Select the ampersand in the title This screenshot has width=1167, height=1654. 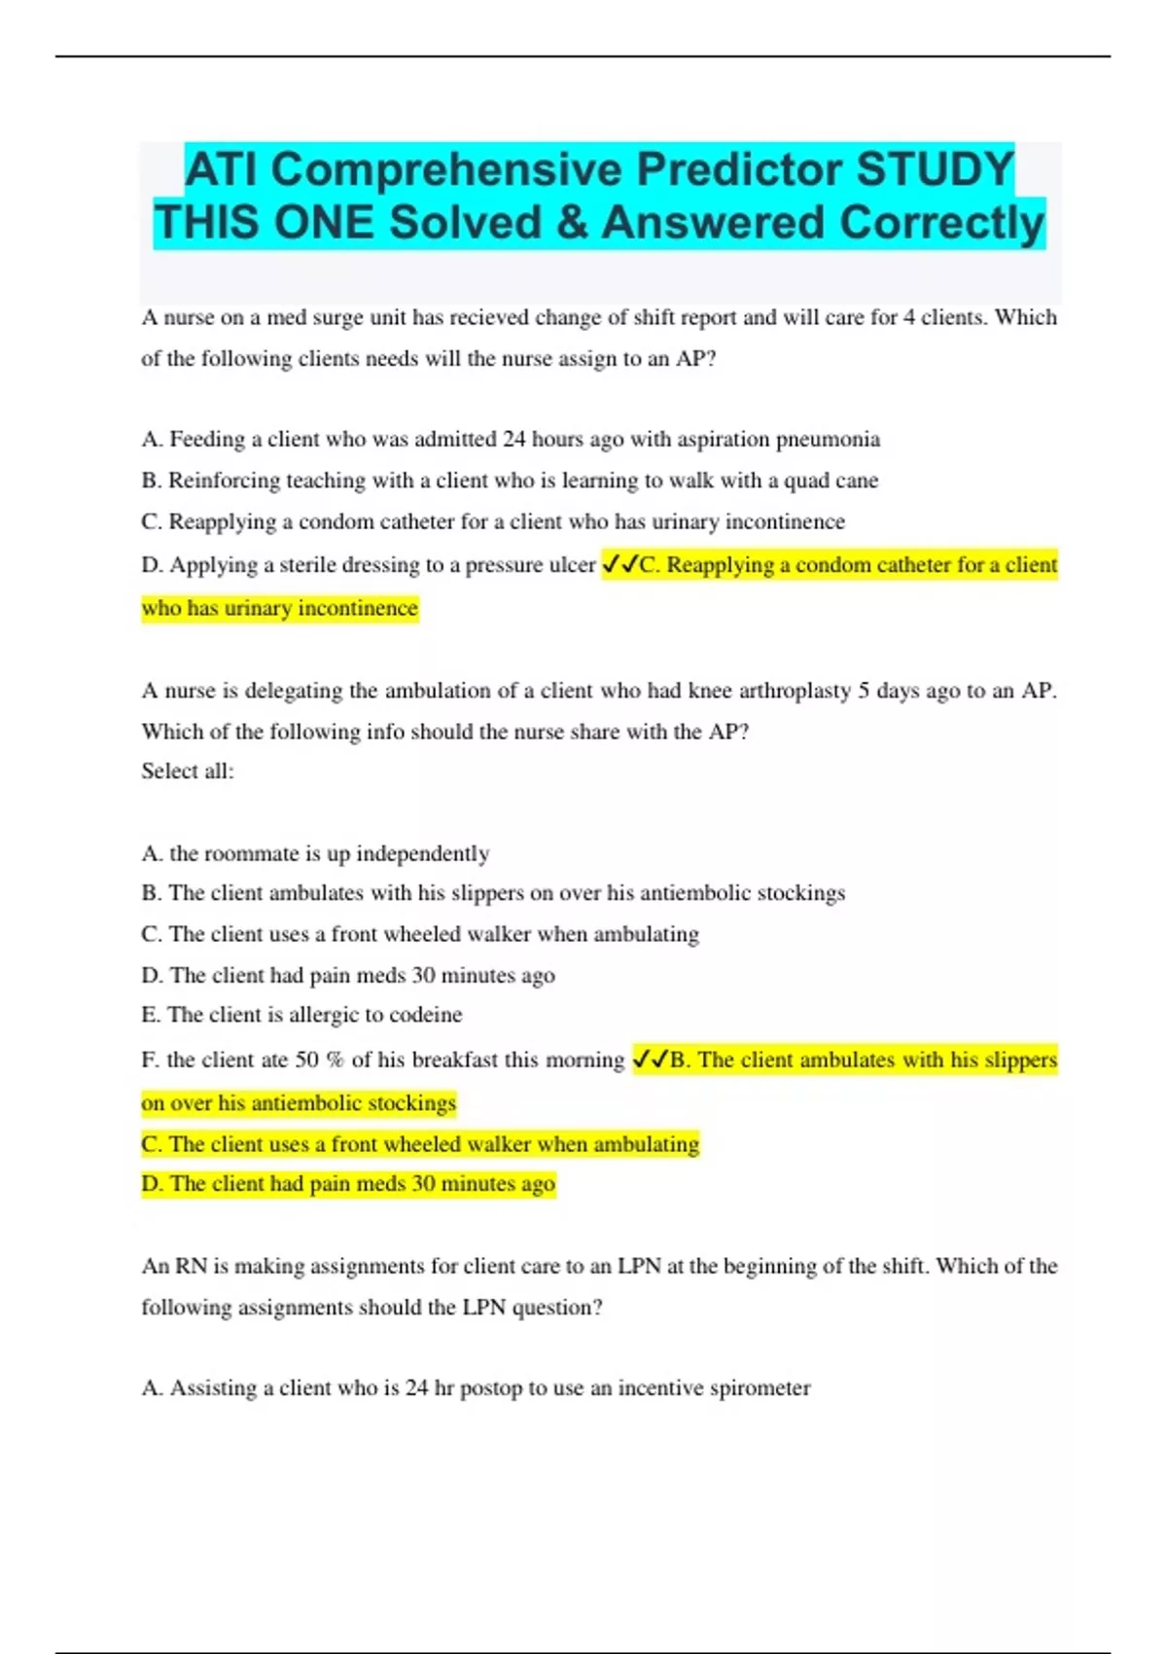coord(572,223)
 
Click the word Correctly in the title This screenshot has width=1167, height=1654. coord(941,223)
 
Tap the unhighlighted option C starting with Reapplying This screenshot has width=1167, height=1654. coord(493,522)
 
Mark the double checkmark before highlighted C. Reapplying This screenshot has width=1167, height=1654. coord(619,564)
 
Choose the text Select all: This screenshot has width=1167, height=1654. coord(188,772)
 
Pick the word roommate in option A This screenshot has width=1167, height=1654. coord(252,854)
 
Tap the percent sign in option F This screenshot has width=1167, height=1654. coord(335,1061)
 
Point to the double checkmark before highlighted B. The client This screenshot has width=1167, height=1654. coord(650,1060)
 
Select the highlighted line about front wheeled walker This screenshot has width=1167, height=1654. coord(420,1144)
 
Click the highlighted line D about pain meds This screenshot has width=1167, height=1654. coord(348,1184)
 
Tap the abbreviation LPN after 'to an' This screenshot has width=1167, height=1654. coord(639,1267)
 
